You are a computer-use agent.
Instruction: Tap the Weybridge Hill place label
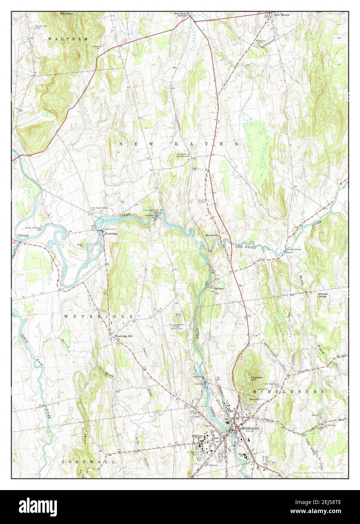tap(124, 336)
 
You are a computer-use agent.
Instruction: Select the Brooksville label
tap(212, 235)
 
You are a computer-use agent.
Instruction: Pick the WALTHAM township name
tap(68, 39)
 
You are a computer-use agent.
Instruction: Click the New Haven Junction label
tap(183, 15)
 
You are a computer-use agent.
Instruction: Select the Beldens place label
tap(219, 288)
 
